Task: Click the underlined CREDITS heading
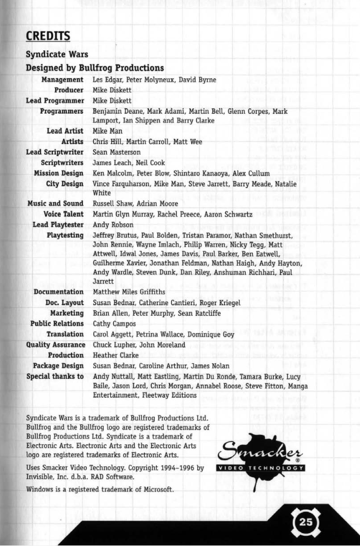coord(48,36)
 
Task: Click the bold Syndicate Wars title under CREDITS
coord(57,54)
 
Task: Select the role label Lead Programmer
coord(55,101)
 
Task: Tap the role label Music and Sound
coord(56,204)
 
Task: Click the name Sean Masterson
coord(116,153)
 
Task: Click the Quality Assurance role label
coord(56,344)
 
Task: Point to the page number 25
coord(306,521)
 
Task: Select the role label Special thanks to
coord(55,376)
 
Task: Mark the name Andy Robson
coord(113,225)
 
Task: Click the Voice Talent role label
coord(63,214)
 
